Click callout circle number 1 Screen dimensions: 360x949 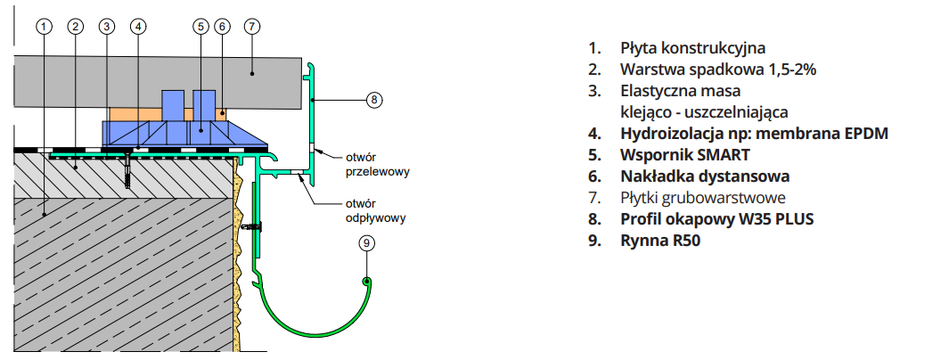[43, 26]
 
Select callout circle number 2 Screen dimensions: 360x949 [76, 26]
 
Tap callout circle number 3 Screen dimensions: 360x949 [107, 26]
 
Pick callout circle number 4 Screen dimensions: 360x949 [137, 26]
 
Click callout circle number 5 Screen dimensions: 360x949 [200, 26]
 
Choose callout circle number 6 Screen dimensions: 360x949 [223, 26]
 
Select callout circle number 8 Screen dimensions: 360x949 [374, 100]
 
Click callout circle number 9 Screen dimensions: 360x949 [366, 242]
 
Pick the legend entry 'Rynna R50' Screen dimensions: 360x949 [660, 240]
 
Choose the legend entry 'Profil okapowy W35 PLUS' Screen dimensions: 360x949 [717, 218]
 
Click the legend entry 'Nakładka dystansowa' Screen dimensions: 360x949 [705, 176]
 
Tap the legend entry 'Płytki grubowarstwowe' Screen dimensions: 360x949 [703, 197]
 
